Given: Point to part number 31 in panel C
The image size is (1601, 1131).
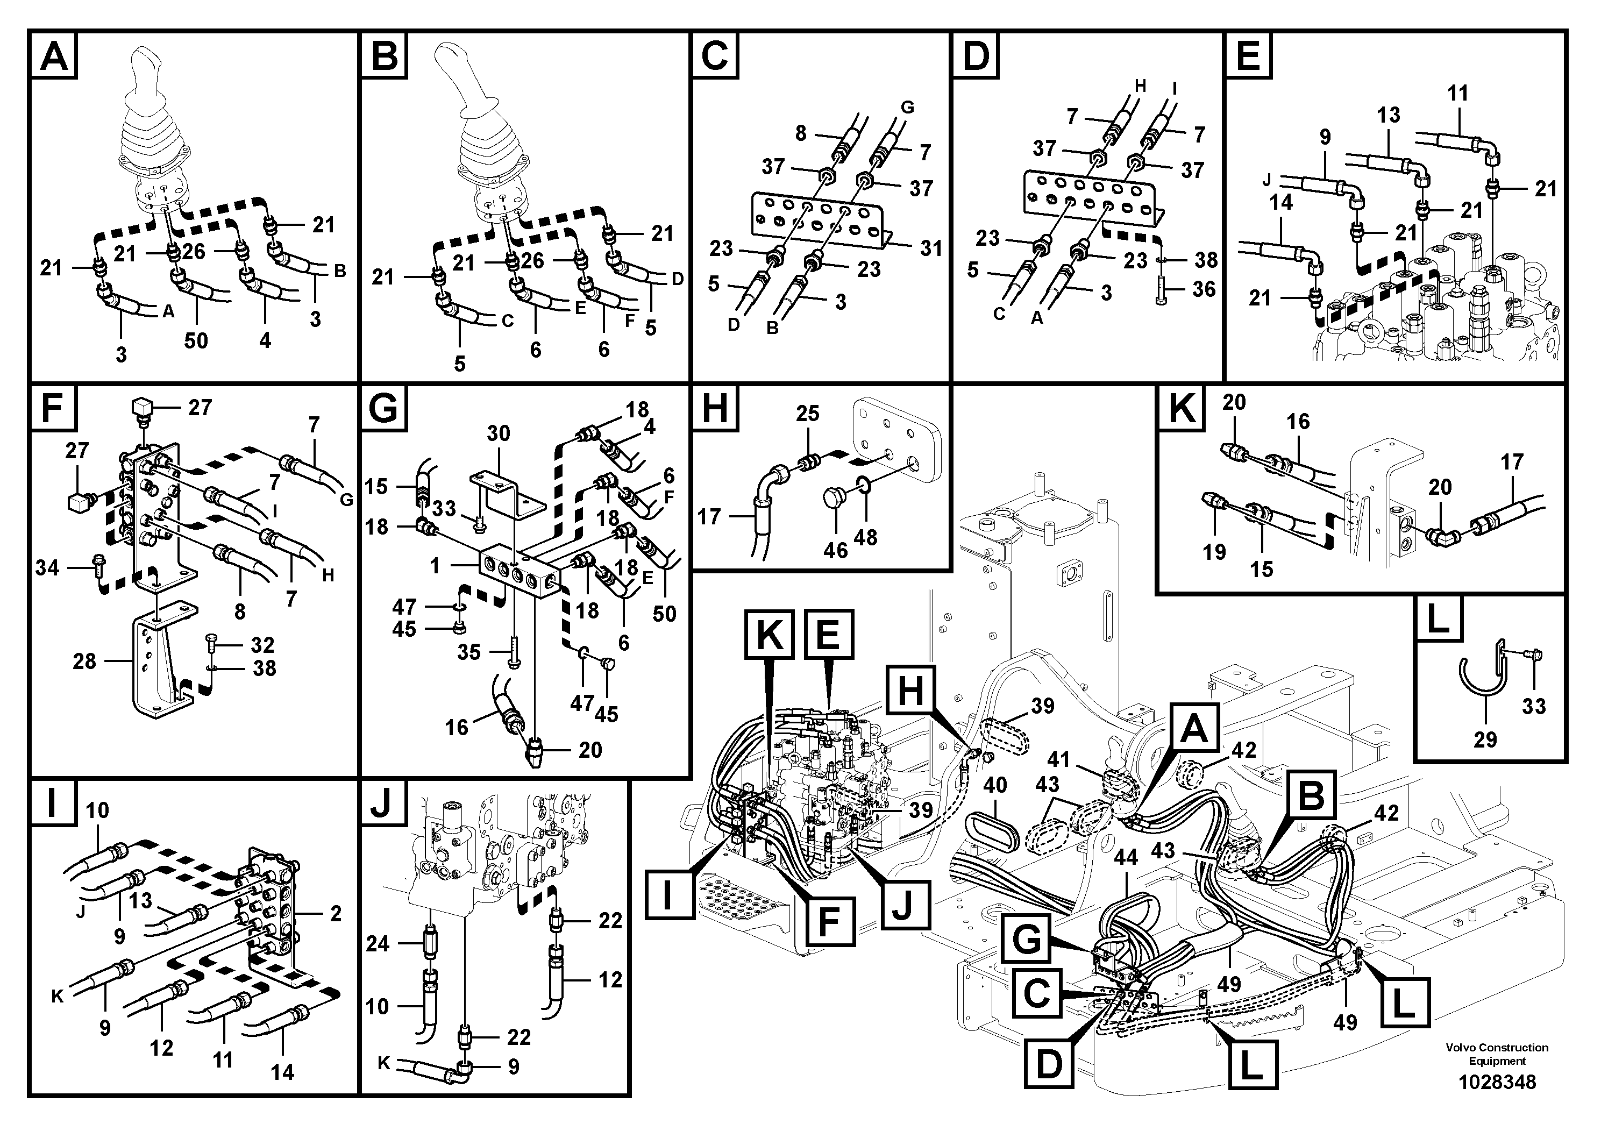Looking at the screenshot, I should (x=931, y=249).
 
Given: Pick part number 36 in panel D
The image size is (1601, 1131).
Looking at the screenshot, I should (x=1204, y=289).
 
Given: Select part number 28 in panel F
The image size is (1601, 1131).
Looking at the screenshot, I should (x=84, y=661).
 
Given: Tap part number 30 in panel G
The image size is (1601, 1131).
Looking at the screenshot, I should (x=498, y=433).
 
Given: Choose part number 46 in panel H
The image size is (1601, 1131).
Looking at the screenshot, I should (x=835, y=550).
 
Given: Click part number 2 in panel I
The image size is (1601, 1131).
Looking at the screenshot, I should (x=336, y=913).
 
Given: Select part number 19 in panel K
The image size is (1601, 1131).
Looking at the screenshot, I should (x=1214, y=552).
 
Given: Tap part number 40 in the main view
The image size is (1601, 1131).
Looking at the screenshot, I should (x=995, y=785).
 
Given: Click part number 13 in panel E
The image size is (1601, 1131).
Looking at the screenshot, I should (x=1389, y=115).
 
